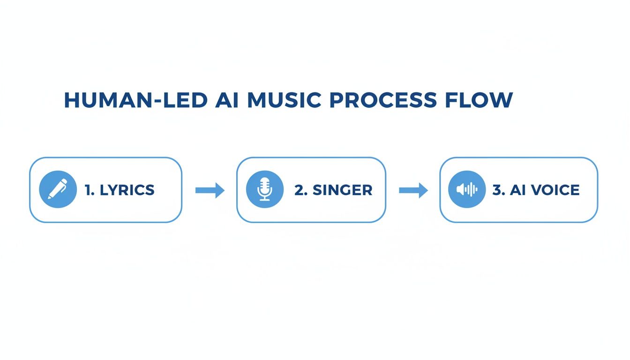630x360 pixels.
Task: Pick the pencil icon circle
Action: (x=58, y=189)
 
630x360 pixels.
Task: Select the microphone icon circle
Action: (x=265, y=189)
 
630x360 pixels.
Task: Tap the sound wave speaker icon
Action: (x=467, y=189)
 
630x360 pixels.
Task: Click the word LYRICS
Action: (x=127, y=190)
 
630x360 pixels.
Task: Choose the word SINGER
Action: (x=342, y=190)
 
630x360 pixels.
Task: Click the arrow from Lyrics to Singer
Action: (x=210, y=190)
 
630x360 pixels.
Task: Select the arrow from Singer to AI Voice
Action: (x=413, y=190)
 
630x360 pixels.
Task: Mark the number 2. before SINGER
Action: (x=300, y=190)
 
